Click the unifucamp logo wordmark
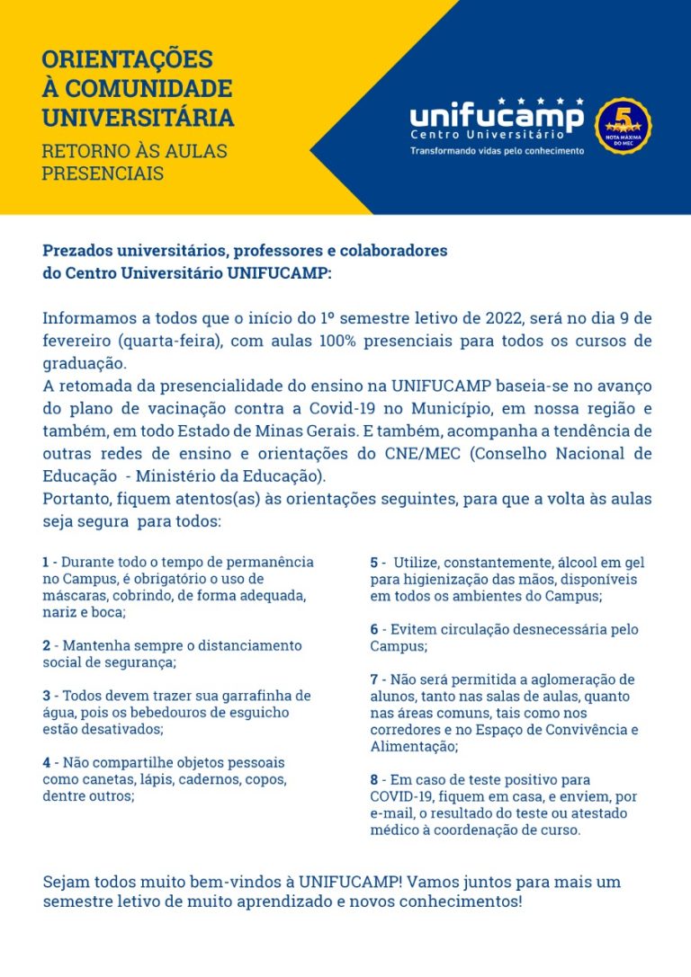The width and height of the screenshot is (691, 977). coord(497,118)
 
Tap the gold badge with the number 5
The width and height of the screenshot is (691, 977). coord(624,125)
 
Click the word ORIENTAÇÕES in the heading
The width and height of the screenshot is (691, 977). coord(127,60)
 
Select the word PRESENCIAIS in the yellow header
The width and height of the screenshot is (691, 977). coord(103,173)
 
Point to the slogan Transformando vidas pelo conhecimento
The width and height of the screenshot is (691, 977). coord(497,150)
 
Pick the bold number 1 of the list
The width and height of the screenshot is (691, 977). coord(46,562)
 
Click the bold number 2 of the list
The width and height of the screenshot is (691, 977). coord(46,645)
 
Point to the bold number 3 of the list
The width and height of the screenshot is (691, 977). coord(46,696)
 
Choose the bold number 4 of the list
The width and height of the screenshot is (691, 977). coord(46,762)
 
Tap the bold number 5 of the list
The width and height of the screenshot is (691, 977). coord(374,563)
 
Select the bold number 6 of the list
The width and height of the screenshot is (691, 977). coord(374,629)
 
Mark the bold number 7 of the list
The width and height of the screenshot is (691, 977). coord(374,679)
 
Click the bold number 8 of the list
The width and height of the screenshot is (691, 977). coord(374,779)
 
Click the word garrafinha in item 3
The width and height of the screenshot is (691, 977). coord(270,696)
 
